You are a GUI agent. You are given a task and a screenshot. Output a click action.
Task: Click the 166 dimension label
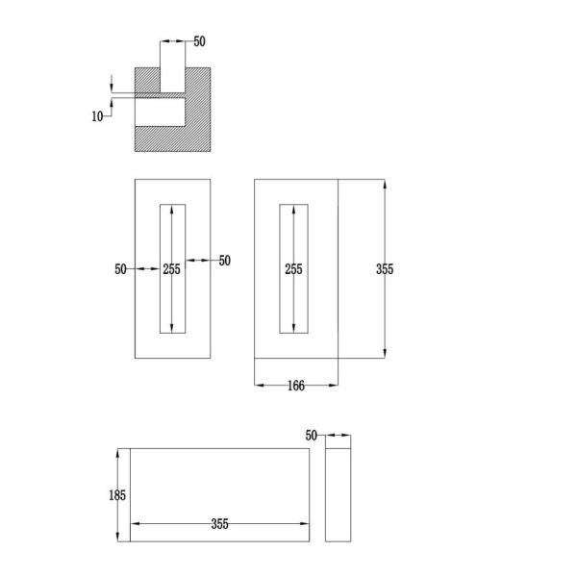point(296,386)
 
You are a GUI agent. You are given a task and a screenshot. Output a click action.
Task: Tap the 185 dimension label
point(117,495)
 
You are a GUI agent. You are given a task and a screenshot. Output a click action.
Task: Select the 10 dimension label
point(97,116)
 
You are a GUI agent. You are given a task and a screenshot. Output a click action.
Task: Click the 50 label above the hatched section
point(199,41)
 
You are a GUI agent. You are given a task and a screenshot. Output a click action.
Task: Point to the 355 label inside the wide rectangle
point(219,524)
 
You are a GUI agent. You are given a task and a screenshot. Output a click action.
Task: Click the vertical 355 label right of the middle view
point(385,269)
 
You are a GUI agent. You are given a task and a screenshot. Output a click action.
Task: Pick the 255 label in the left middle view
point(172,269)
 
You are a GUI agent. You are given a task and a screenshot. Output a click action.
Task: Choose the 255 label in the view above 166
point(293,269)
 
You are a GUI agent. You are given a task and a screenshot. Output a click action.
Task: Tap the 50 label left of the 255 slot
point(120,269)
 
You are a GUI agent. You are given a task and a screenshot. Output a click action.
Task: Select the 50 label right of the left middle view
point(225,261)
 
